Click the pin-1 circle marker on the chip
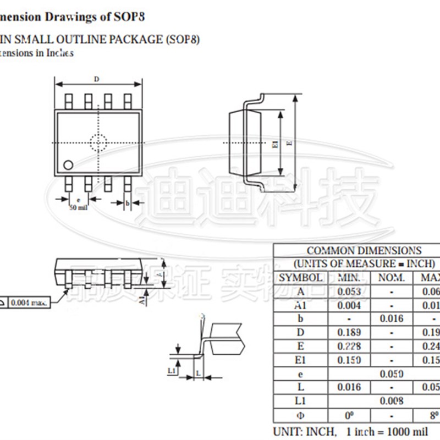[68, 164]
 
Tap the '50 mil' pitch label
[78, 207]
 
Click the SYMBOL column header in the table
[300, 277]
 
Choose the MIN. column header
[349, 277]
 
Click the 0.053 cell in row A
[349, 291]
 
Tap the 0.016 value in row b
[392, 318]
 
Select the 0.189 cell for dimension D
[349, 332]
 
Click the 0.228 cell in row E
[349, 346]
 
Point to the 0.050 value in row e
[392, 373]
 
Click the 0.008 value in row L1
[392, 401]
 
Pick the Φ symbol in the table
[300, 415]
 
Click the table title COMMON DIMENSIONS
[364, 250]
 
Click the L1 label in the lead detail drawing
[171, 371]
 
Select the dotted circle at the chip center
[98, 142]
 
